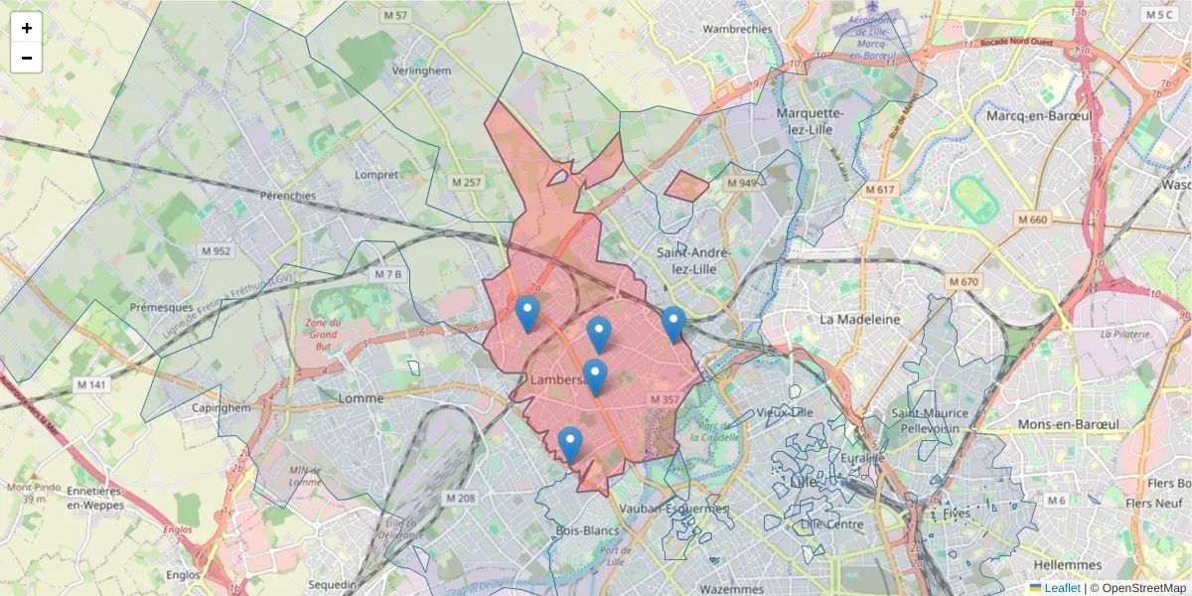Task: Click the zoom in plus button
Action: [27, 28]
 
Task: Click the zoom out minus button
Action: [27, 58]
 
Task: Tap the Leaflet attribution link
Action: [1061, 588]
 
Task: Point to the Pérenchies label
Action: [287, 196]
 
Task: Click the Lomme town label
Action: [361, 398]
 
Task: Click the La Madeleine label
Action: [859, 319]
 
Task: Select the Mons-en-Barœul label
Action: [1068, 423]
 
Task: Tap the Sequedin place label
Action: [332, 584]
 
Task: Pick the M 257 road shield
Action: [465, 183]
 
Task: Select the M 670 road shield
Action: [964, 282]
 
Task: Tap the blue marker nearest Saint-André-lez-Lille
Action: [673, 322]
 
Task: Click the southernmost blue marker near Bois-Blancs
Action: [569, 442]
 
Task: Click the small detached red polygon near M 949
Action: [685, 186]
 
